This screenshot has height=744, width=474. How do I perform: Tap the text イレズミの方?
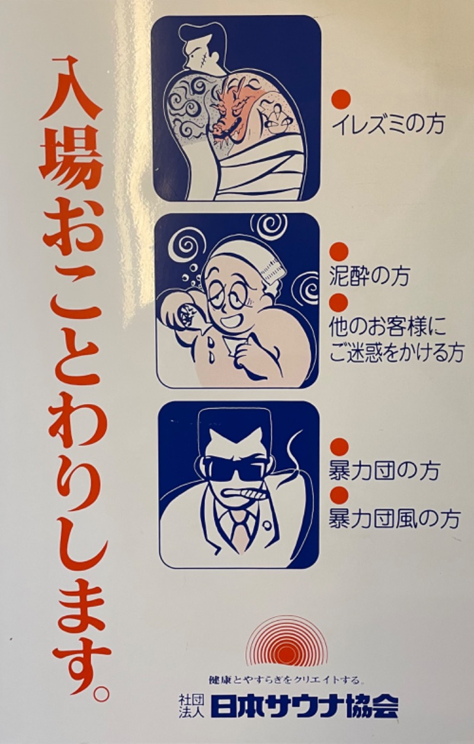388,126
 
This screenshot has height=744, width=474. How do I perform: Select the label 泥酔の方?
369,277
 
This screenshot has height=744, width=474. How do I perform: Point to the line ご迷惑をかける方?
396,353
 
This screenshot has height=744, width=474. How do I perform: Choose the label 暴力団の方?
384,472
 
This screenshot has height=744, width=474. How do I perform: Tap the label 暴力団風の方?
394,519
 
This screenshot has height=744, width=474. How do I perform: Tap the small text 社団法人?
191,706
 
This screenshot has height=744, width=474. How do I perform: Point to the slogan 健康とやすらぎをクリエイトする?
286,679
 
